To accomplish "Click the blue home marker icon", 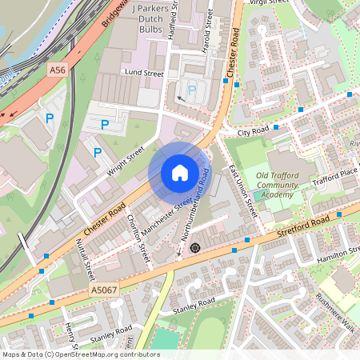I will pos(179,172).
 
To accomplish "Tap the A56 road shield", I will pos(57,70).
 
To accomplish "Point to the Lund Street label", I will pos(142,73).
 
